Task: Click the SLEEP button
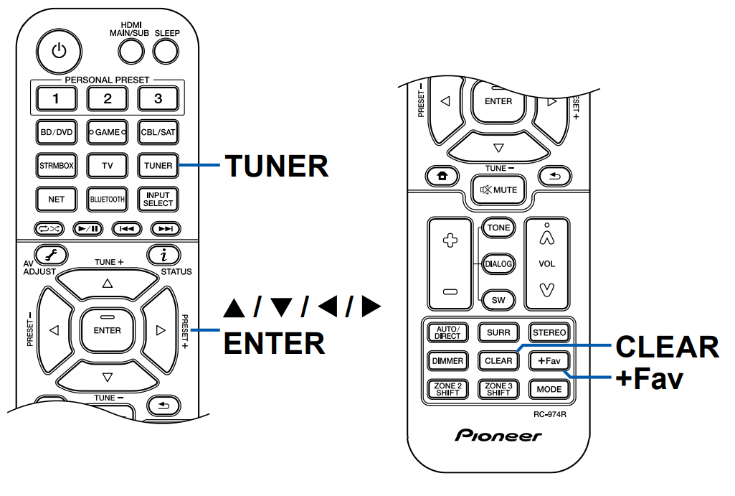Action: (x=166, y=50)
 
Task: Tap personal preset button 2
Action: (x=108, y=98)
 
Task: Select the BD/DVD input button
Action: (x=57, y=132)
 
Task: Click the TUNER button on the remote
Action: (x=158, y=165)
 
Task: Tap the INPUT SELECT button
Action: (x=158, y=198)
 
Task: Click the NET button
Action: (x=57, y=198)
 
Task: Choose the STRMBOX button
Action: (x=57, y=165)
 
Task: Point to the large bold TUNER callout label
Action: (x=277, y=166)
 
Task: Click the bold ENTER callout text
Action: (x=275, y=342)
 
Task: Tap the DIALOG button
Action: (x=498, y=263)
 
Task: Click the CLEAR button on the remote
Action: (x=498, y=360)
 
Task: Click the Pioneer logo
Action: (x=498, y=436)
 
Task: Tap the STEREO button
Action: (x=549, y=332)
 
